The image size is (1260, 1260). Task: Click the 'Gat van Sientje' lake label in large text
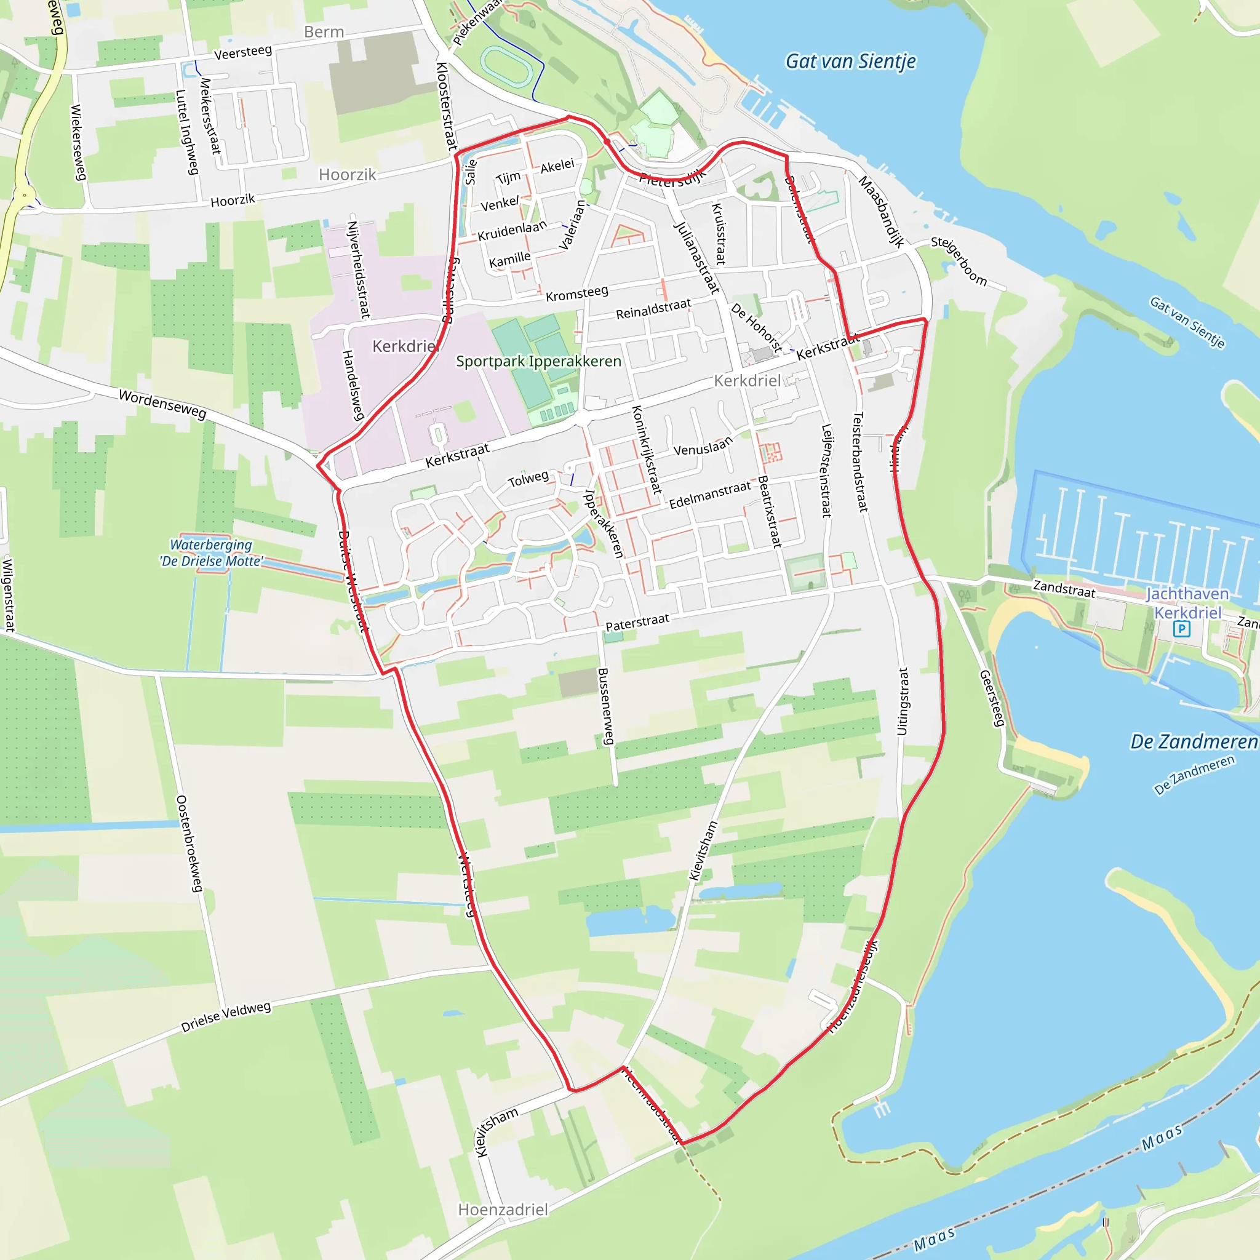click(850, 62)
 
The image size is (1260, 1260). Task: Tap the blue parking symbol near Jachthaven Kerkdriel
click(1181, 629)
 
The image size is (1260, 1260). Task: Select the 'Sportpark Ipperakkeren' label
click(538, 361)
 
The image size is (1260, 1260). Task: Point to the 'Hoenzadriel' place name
click(503, 1210)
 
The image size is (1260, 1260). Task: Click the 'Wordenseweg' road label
click(162, 404)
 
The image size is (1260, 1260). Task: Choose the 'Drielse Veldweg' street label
click(226, 1017)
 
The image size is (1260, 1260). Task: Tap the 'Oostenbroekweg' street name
click(189, 843)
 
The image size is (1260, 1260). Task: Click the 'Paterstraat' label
click(637, 622)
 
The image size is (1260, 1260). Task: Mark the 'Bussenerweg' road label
click(606, 706)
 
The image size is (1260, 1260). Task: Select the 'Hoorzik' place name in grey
click(347, 175)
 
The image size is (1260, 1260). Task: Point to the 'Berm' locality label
click(324, 32)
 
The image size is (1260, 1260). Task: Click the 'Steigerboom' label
click(959, 261)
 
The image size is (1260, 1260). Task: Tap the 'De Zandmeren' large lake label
click(1193, 742)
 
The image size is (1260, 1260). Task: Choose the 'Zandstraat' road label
click(1064, 589)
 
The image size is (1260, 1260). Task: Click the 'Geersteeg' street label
click(992, 698)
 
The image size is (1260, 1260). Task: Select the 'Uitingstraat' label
click(903, 701)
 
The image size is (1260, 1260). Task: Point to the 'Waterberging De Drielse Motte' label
click(211, 553)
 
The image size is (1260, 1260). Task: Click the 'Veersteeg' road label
click(242, 52)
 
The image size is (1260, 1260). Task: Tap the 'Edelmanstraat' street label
click(709, 495)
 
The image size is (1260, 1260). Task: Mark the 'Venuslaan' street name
click(703, 447)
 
